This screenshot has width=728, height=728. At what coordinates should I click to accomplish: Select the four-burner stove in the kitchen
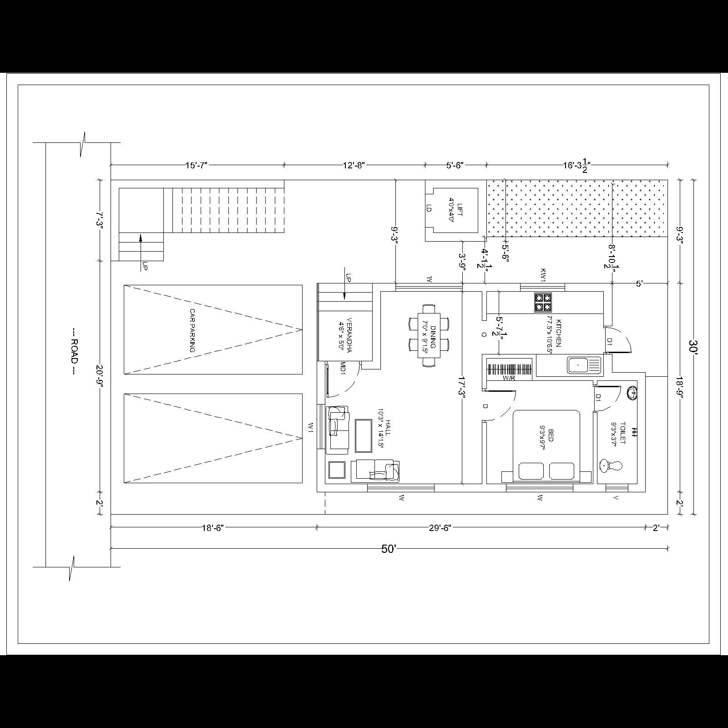(x=543, y=303)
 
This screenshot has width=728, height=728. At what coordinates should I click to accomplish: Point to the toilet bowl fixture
(x=611, y=465)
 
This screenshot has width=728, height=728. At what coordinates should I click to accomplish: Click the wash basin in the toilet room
(x=632, y=392)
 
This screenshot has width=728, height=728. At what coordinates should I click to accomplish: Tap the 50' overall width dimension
(x=389, y=549)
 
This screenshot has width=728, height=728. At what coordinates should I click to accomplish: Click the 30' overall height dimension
(x=693, y=347)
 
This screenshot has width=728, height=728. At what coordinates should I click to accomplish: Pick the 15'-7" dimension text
(x=197, y=165)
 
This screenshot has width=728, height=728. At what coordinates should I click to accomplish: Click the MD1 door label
(x=343, y=368)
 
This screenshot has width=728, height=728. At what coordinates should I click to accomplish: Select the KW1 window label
(x=543, y=274)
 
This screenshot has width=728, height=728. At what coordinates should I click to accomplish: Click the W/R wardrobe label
(x=509, y=378)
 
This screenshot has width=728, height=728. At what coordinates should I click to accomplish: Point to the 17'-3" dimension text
(x=462, y=387)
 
